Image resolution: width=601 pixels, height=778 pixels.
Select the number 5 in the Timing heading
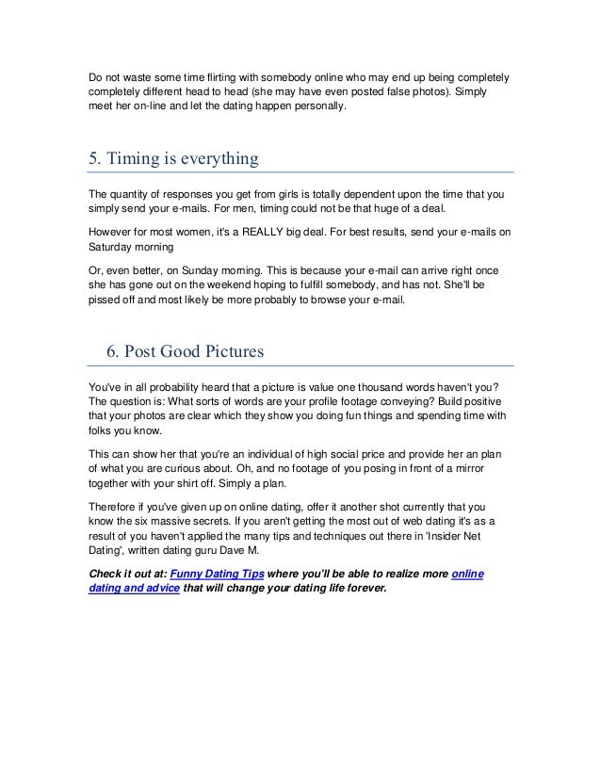click(x=92, y=158)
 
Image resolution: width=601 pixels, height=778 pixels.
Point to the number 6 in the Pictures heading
click(x=109, y=351)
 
